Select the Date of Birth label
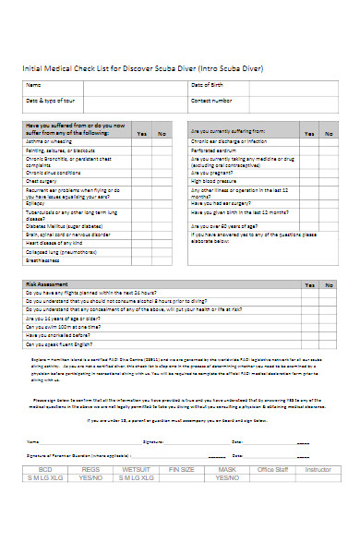pos(206,85)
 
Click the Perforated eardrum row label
pos(216,150)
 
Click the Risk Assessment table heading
pos(46,284)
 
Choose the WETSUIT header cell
pos(135,470)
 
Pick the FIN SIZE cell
pos(181,470)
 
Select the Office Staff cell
pos(273,470)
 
